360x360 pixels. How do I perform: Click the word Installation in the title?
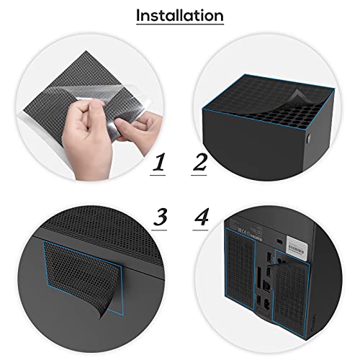pyautogui.click(x=180, y=16)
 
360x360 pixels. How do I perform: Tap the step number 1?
pyautogui.click(x=159, y=162)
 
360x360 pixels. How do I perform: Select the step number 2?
pyautogui.click(x=199, y=162)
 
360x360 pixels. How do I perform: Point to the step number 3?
pyautogui.click(x=161, y=217)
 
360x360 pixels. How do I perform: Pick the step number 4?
pyautogui.click(x=202, y=217)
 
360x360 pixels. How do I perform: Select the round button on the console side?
pyautogui.click(x=309, y=138)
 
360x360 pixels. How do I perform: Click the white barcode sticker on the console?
pyautogui.click(x=297, y=248)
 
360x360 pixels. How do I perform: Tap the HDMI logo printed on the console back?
pyautogui.click(x=256, y=236)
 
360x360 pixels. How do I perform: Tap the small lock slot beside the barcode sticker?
pyautogui.click(x=279, y=240)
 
